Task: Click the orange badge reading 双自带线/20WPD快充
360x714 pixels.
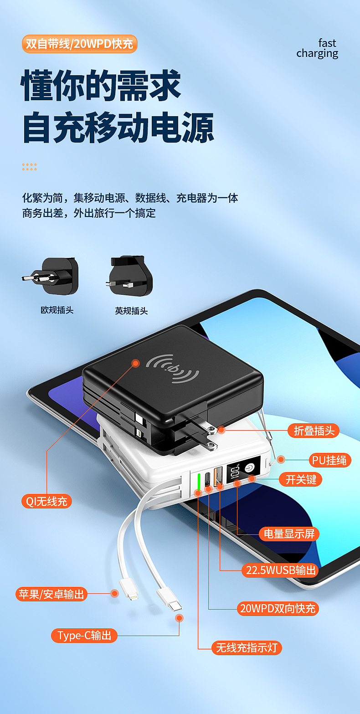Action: tap(79, 44)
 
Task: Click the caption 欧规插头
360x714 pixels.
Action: tap(57, 310)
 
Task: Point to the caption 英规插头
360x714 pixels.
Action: tap(131, 311)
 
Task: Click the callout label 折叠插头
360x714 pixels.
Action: tap(313, 431)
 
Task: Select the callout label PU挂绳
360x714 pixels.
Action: tap(329, 460)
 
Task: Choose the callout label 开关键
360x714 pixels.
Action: tap(301, 479)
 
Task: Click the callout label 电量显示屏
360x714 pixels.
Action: tap(289, 534)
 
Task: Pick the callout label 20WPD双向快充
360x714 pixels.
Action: tap(278, 608)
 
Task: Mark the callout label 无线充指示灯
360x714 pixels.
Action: tap(247, 647)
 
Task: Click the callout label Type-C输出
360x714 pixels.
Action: tap(84, 636)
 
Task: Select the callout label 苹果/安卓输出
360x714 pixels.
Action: tap(51, 594)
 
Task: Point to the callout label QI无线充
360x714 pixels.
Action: tap(46, 502)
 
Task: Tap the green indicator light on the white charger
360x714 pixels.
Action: tap(199, 481)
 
